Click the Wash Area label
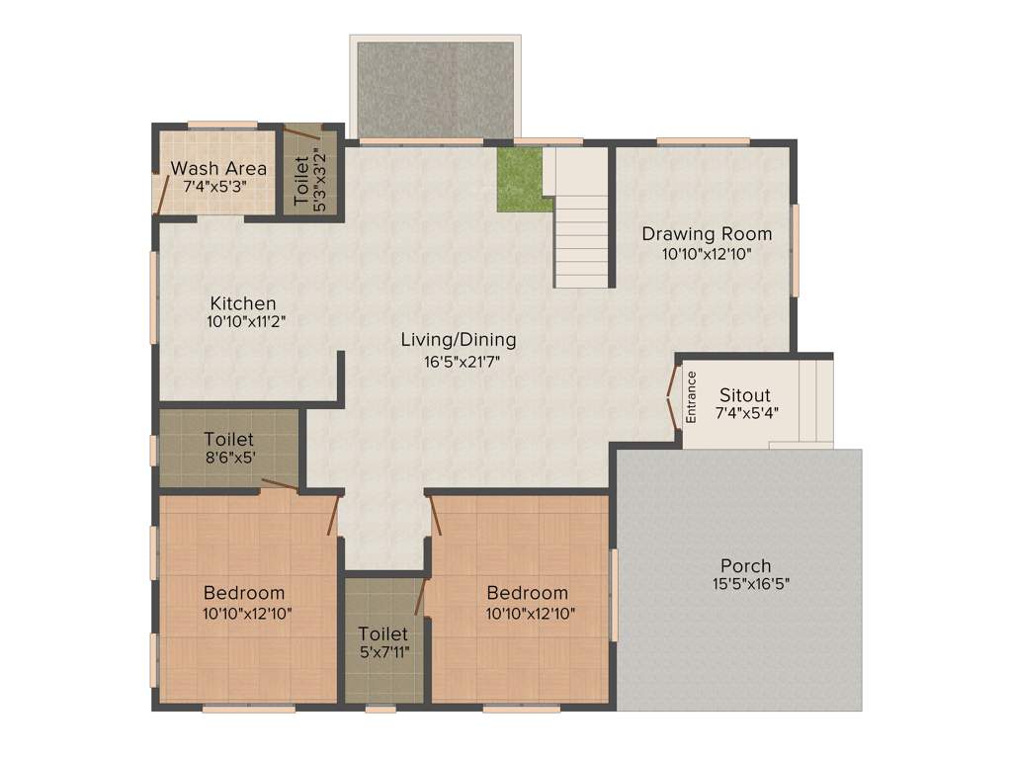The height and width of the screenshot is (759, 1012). point(218,168)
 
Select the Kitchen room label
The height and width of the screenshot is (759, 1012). point(242,303)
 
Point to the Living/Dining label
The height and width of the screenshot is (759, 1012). point(458,340)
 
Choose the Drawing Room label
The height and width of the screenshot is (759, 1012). point(707,234)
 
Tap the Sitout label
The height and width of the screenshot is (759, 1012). point(744,395)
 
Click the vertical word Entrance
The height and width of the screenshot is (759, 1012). point(692,396)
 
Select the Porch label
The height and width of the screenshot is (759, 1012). point(745,565)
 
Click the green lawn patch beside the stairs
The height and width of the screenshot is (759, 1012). point(523,179)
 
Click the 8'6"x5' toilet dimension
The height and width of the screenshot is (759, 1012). point(228,458)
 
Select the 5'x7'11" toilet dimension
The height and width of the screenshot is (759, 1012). point(383,652)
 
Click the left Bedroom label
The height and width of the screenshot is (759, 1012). point(244,593)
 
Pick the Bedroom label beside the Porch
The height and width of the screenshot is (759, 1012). point(527,593)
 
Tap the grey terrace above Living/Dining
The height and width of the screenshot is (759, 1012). point(435,90)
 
